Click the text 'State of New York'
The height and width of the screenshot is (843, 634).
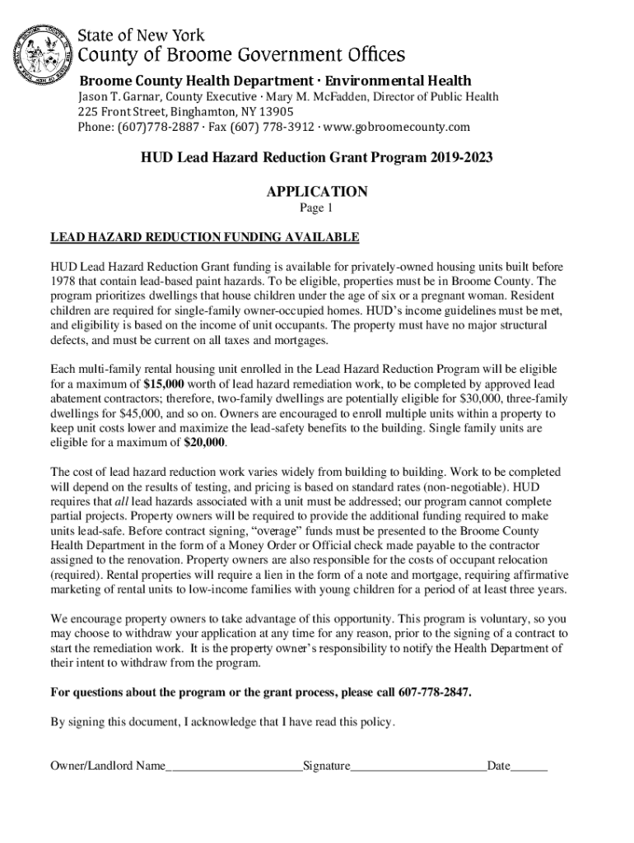click(141, 35)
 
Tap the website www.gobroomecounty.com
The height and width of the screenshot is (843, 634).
click(405, 127)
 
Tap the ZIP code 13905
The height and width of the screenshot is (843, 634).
click(276, 112)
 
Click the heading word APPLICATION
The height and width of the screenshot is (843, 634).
click(317, 192)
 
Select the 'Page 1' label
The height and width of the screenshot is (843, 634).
click(317, 208)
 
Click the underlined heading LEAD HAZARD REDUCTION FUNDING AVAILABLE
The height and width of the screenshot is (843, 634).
click(205, 238)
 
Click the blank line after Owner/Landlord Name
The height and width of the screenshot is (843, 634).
click(234, 767)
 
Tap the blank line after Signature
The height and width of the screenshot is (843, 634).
click(418, 767)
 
